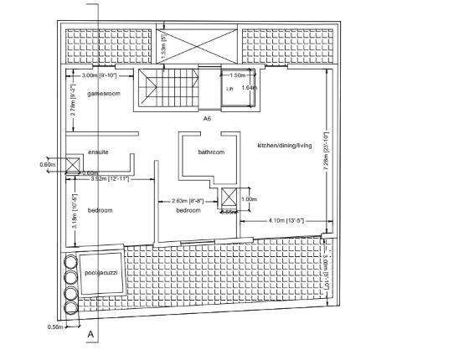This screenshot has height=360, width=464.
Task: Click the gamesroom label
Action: (x=104, y=94)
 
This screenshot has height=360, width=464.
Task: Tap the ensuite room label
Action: (x=99, y=152)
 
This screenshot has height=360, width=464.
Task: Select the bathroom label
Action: (x=211, y=152)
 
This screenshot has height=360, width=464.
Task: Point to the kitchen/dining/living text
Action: (x=284, y=146)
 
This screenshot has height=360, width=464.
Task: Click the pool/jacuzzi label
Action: (x=102, y=273)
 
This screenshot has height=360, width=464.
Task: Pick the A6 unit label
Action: (x=207, y=119)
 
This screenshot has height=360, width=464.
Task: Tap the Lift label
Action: (x=229, y=87)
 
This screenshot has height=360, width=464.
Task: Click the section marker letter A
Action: (x=90, y=333)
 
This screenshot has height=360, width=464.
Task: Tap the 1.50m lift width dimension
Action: (x=237, y=75)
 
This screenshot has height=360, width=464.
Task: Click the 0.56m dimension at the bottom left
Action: (x=55, y=327)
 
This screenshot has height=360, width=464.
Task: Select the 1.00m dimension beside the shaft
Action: (x=249, y=199)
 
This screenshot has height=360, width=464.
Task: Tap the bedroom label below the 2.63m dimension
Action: (x=188, y=210)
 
